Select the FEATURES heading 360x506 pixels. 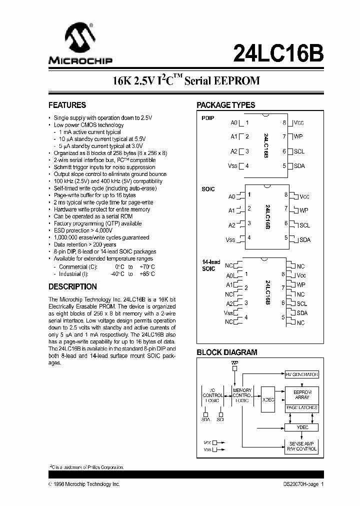tap(67, 105)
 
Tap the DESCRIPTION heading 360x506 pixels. tap(72, 287)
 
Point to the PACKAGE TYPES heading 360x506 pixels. tap(225, 105)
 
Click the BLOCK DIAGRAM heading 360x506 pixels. tap(226, 352)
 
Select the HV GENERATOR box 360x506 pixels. tap(301, 374)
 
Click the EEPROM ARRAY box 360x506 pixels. tap(301, 394)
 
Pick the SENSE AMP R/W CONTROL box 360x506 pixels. tap(301, 446)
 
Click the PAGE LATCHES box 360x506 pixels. tap(301, 408)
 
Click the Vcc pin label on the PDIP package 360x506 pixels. tap(299, 123)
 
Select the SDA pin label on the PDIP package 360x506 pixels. tap(299, 166)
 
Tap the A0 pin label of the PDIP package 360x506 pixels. tap(234, 122)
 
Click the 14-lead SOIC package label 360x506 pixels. tap(210, 265)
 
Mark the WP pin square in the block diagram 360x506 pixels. tap(235, 368)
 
